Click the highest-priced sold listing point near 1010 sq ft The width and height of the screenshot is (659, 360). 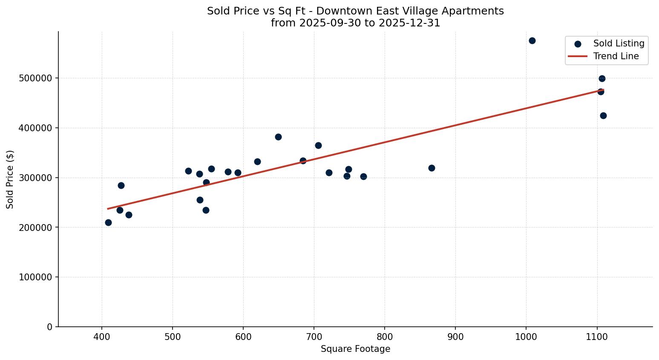pyautogui.click(x=532, y=41)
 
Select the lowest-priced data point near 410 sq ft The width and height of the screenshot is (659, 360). pyautogui.click(x=108, y=222)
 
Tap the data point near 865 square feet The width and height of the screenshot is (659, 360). pyautogui.click(x=432, y=168)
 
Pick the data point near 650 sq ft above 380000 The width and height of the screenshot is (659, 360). pyautogui.click(x=278, y=137)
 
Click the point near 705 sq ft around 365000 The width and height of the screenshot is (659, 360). pyautogui.click(x=318, y=145)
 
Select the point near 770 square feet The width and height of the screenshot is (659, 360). pyautogui.click(x=363, y=176)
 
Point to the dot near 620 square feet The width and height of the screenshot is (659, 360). pyautogui.click(x=257, y=161)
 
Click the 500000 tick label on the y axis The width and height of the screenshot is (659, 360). pyautogui.click(x=35, y=78)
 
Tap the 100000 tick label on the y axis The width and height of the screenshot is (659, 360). pyautogui.click(x=35, y=277)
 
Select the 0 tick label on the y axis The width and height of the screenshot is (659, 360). pyautogui.click(x=50, y=327)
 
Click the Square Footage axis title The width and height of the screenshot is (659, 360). pyautogui.click(x=355, y=349)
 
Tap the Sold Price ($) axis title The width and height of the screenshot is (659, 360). pyautogui.click(x=10, y=179)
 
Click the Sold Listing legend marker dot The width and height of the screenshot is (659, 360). pyautogui.click(x=578, y=44)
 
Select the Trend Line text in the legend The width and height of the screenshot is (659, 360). pyautogui.click(x=616, y=56)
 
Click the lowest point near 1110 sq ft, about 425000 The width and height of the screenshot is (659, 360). pyautogui.click(x=603, y=115)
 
